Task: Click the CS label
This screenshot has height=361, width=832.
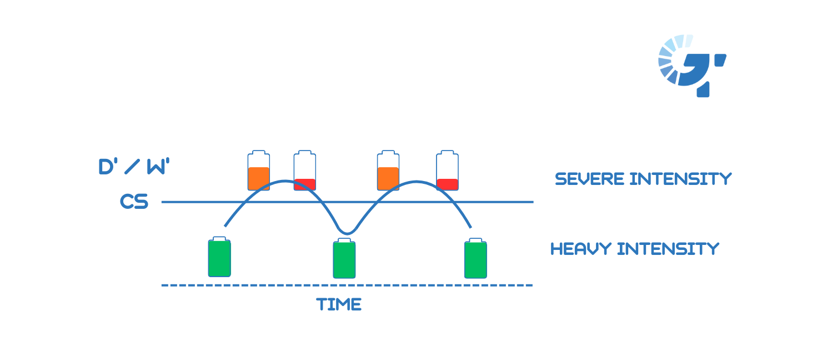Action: tap(134, 202)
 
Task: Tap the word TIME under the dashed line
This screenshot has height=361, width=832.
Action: tap(339, 304)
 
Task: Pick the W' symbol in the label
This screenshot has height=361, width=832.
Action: tap(157, 167)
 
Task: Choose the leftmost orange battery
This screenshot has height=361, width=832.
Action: tap(258, 171)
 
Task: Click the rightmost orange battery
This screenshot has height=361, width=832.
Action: tap(388, 171)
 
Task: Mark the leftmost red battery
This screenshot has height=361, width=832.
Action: tap(305, 171)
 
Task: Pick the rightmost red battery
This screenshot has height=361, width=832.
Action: tap(448, 171)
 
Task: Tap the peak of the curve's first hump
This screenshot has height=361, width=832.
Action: tap(285, 181)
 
